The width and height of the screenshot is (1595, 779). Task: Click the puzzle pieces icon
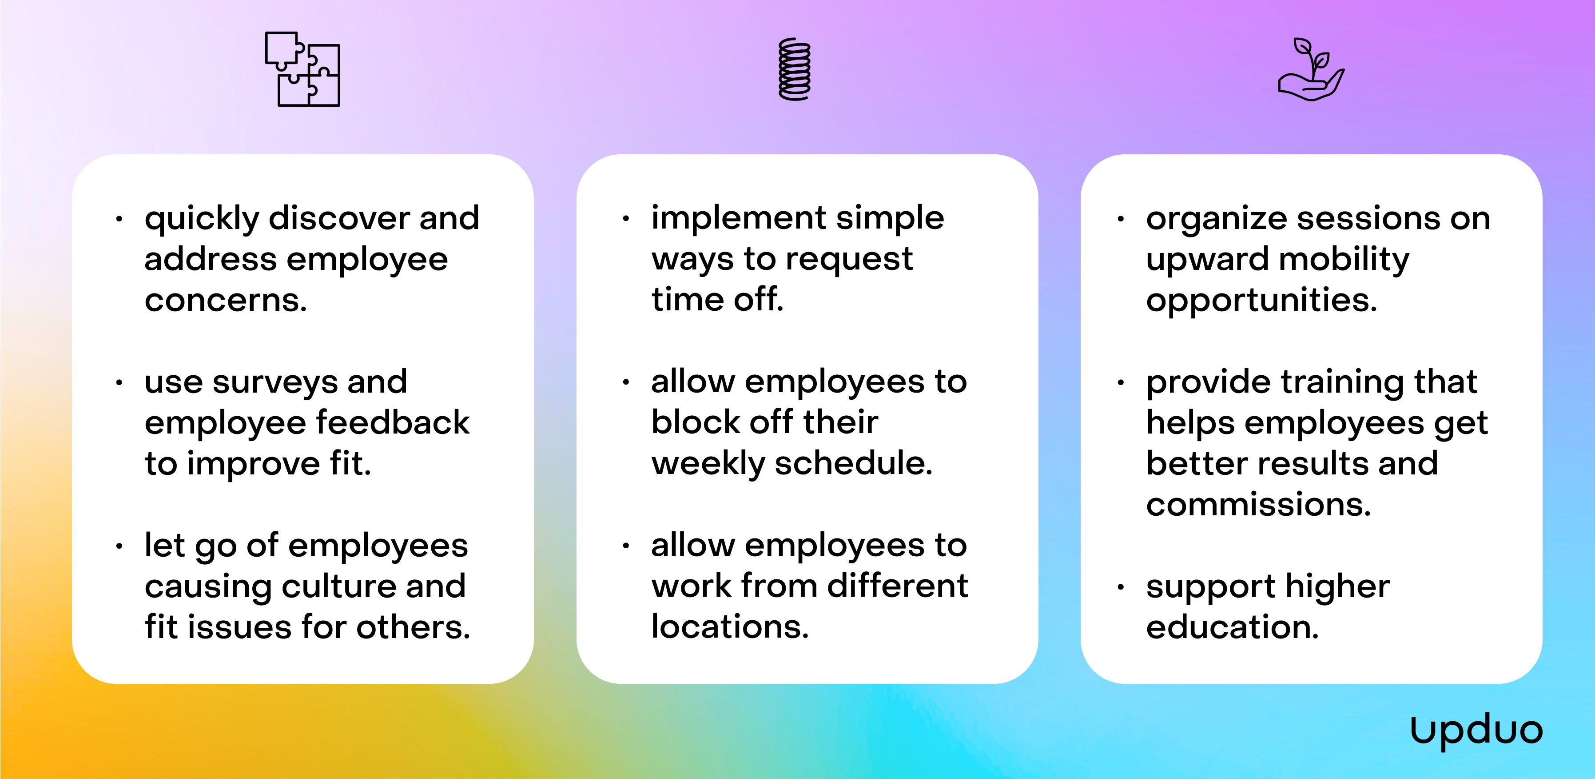click(302, 69)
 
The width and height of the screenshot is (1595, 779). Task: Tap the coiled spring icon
click(795, 69)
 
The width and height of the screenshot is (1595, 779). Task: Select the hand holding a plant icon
click(1311, 69)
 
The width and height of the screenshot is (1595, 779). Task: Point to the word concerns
click(225, 301)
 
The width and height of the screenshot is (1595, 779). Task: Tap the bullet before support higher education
click(1121, 587)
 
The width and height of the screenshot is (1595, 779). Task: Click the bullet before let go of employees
click(119, 546)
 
